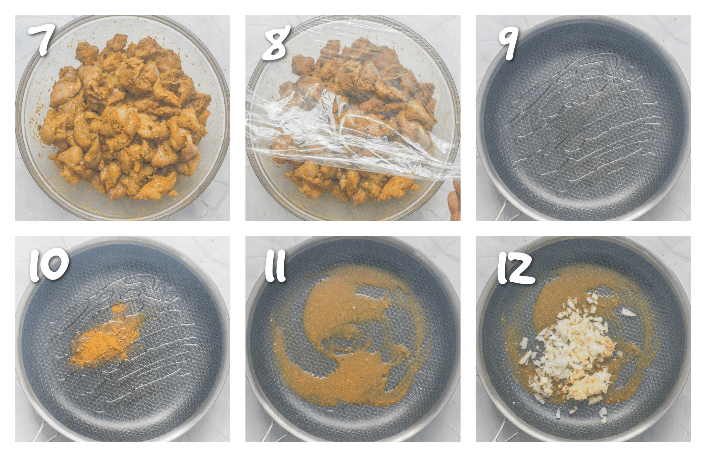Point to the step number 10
tap(49, 265)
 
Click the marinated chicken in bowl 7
tap(125, 119)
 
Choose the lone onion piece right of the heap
tap(628, 312)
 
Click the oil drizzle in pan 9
tap(578, 119)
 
